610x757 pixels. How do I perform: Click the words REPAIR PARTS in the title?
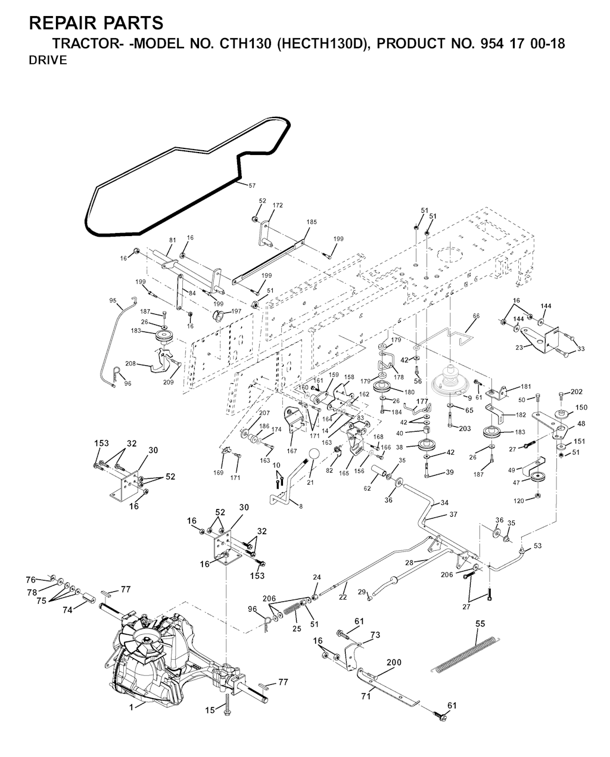[96, 23]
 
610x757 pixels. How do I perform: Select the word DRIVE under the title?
[48, 61]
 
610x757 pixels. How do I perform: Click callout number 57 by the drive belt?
[252, 185]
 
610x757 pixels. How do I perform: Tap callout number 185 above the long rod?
[312, 222]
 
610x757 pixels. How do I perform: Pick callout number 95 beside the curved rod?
[113, 300]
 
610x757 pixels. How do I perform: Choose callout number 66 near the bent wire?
[475, 317]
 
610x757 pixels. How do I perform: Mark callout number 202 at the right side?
[576, 392]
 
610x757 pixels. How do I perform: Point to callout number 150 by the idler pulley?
[581, 408]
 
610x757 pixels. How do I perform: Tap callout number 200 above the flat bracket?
[394, 663]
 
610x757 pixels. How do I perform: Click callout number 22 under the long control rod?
[343, 597]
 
